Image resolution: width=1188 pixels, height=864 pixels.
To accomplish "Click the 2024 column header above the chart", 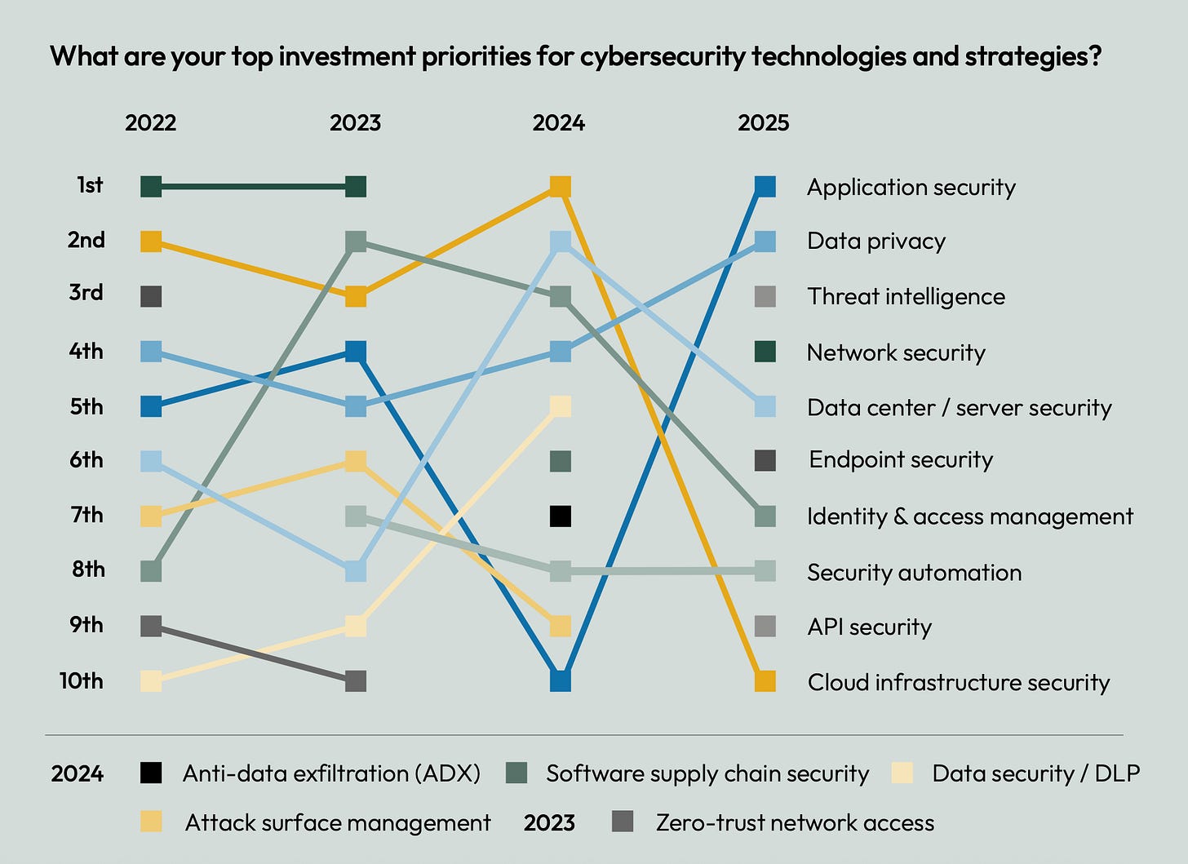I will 559,122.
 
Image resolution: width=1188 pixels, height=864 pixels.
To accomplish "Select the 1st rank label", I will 90,185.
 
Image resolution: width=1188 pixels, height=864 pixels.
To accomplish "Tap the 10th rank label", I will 82,680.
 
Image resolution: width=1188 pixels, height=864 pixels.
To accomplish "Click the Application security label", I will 911,188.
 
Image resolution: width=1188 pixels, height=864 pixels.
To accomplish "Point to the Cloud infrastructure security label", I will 958,682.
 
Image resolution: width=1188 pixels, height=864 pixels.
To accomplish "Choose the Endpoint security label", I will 900,460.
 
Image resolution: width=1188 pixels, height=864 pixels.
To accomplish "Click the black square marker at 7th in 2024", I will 560,516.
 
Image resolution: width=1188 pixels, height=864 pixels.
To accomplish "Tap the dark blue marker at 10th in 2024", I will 560,680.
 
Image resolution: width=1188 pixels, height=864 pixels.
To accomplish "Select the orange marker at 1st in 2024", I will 560,187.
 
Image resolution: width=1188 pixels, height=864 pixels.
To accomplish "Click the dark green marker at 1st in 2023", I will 356,187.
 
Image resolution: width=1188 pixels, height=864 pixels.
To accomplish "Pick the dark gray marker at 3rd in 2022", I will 151,296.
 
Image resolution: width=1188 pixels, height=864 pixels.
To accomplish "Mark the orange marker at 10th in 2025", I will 765,680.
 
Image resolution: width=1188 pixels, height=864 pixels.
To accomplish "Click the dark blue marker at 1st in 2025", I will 765,187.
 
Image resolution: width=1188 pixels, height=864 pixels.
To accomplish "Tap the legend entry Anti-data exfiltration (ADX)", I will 330,773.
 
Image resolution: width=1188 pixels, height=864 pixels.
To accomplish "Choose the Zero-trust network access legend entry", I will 794,822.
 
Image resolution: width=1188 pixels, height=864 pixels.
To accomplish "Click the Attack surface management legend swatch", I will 151,822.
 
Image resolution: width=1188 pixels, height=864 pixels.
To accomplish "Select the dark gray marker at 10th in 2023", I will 356,680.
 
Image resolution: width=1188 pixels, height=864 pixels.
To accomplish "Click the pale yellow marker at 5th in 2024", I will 560,405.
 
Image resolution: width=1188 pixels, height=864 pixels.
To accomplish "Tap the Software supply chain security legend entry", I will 707,773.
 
